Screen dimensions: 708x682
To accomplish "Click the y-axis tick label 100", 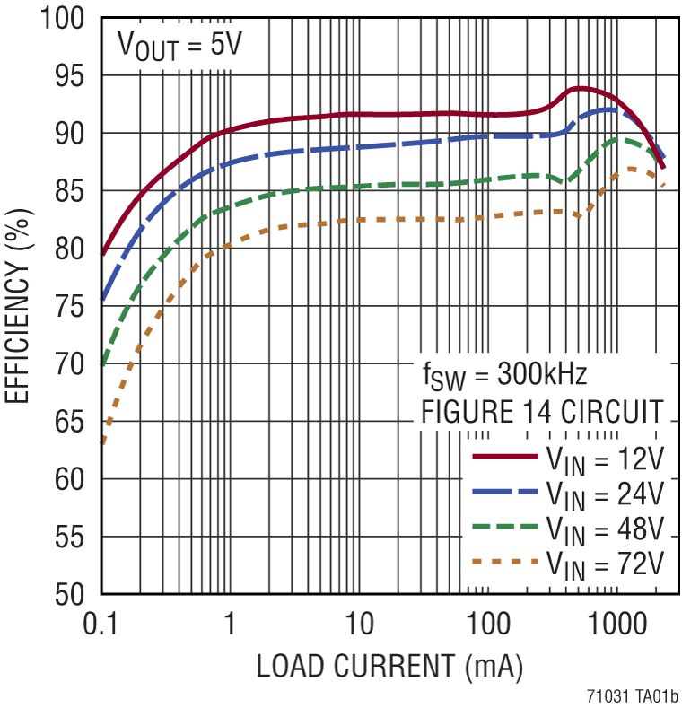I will (x=64, y=19).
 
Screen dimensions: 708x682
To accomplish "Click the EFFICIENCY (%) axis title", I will (x=20, y=307).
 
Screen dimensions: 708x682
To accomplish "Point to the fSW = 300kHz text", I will (x=504, y=374).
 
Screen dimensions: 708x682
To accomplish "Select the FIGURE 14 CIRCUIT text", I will (x=543, y=414).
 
